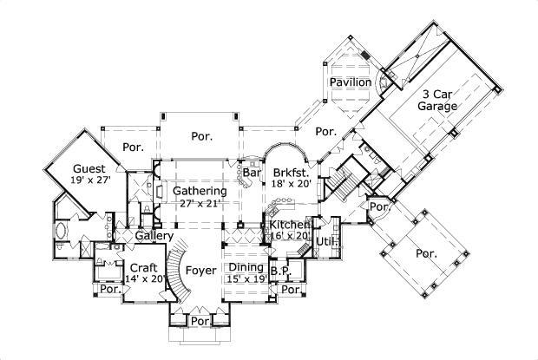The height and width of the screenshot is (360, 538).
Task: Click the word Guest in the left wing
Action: [x=89, y=168]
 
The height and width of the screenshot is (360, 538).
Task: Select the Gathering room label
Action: [x=199, y=191]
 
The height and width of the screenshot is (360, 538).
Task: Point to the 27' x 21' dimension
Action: [x=199, y=203]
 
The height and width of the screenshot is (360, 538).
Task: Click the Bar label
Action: [x=252, y=173]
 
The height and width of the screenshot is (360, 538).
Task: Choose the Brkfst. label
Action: [x=291, y=173]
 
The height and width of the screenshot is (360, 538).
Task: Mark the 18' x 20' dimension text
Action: [x=291, y=185]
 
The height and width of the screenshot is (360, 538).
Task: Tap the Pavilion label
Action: [x=350, y=82]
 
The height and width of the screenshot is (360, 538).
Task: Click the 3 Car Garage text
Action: [x=439, y=101]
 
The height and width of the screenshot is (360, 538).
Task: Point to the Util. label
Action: [x=325, y=240]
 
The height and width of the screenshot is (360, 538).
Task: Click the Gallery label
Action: [x=154, y=236]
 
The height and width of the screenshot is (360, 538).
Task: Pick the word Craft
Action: [x=143, y=267]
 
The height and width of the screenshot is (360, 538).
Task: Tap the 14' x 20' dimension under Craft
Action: [x=143, y=279]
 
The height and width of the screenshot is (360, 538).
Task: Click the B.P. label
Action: [x=279, y=271]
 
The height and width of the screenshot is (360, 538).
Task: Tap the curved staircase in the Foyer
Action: [x=174, y=273]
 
